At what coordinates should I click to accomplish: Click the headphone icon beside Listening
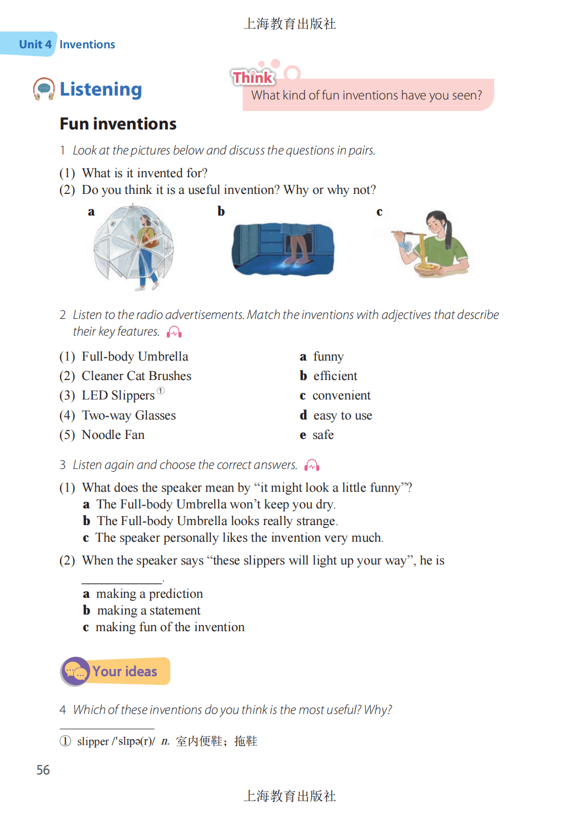point(44,89)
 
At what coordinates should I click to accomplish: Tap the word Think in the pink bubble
point(253,77)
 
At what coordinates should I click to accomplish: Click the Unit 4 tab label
point(35,44)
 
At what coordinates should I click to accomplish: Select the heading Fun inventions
point(118,124)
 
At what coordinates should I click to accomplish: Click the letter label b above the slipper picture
point(221,211)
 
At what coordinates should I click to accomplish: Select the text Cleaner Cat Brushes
point(136,376)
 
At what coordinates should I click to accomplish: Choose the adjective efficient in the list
point(335,376)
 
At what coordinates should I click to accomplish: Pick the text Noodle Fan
point(113,435)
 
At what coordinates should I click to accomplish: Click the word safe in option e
point(323,435)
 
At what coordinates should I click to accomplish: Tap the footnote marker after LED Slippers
point(161,391)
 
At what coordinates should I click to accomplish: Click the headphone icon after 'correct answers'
point(312,465)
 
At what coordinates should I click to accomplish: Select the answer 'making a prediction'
point(149,594)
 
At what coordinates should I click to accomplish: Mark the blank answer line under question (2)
point(122,581)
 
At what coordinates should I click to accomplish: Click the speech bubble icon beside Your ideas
point(76,671)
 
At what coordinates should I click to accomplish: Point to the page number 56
point(43,770)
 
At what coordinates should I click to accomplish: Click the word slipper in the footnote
point(93,741)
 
